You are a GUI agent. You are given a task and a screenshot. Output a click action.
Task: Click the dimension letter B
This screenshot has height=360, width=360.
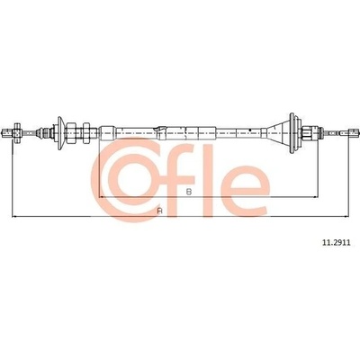pyautogui.click(x=189, y=192)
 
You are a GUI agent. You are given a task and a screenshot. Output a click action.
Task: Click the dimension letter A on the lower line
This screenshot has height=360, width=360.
pyautogui.click(x=160, y=211)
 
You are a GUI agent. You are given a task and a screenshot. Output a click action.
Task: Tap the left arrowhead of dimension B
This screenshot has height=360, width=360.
pyautogui.click(x=102, y=197)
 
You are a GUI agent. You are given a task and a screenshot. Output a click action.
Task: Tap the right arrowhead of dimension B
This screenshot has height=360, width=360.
pyautogui.click(x=315, y=197)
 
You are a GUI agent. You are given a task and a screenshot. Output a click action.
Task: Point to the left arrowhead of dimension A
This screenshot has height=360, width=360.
pyautogui.click(x=14, y=216)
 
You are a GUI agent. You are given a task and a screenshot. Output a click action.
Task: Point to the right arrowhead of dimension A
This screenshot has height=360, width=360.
pyautogui.click(x=346, y=216)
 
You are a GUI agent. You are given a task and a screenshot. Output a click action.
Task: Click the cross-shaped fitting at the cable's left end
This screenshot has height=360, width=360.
pyautogui.click(x=17, y=132)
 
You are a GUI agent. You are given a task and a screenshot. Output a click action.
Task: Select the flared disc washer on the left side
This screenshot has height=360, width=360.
pyautogui.click(x=60, y=132)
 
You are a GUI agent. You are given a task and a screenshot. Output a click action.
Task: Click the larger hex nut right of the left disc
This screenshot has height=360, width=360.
pyautogui.click(x=71, y=132)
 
